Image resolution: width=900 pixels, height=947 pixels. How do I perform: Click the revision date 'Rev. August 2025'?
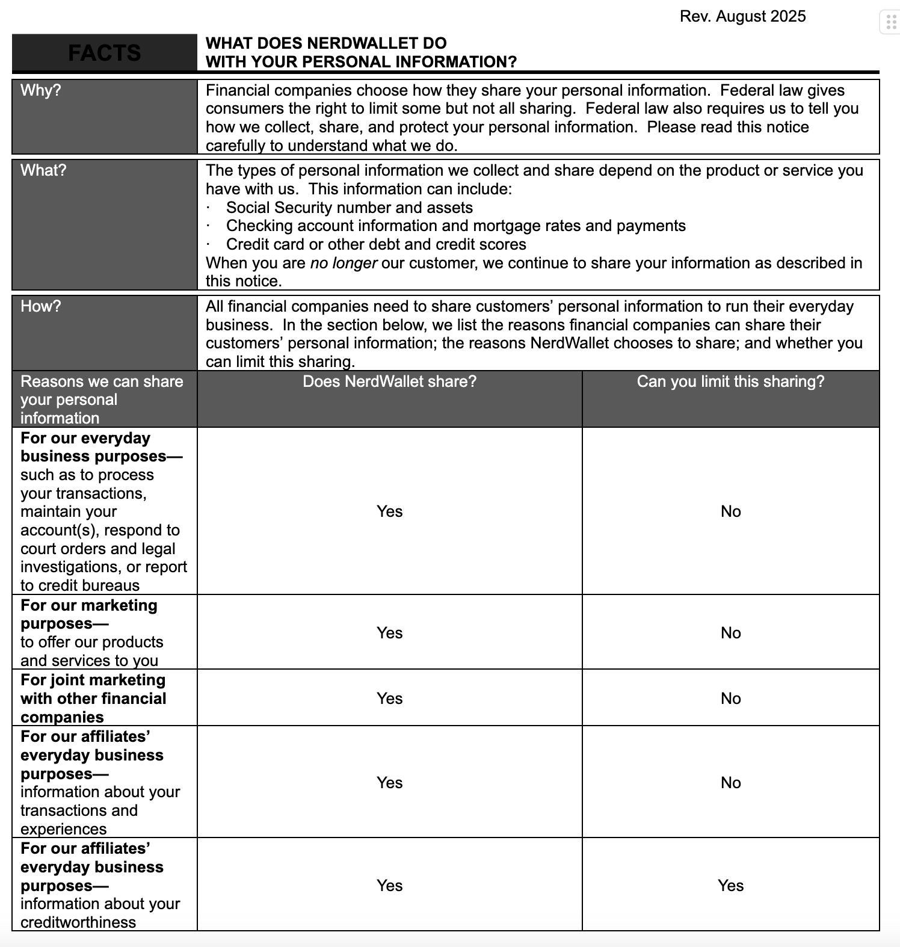742,16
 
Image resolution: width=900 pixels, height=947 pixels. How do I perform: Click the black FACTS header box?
104,53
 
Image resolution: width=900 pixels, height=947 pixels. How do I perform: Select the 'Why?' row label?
40,90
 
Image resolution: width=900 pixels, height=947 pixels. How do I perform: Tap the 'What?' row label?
43,170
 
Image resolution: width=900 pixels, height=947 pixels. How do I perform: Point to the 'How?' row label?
40,306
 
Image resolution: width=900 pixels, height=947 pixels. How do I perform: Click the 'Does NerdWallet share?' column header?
389,381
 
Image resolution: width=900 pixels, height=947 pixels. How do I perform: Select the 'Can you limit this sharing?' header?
730,381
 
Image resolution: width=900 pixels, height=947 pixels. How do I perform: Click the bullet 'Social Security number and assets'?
349,208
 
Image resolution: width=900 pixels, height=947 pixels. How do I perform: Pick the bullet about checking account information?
455,226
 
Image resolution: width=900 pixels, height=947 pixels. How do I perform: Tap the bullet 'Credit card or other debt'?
376,244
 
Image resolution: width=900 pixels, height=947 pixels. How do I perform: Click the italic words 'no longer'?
344,263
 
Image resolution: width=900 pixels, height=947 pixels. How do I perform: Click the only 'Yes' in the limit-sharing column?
730,886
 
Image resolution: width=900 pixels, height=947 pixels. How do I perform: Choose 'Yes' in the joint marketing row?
389,699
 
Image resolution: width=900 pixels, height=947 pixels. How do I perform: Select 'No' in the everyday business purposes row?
730,511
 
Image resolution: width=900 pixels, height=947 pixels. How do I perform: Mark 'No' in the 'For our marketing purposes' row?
730,633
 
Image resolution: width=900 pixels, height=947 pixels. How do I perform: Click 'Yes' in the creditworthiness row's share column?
389,886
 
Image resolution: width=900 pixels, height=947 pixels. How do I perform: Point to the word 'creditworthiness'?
78,922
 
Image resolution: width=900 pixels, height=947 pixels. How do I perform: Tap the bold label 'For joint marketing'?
93,680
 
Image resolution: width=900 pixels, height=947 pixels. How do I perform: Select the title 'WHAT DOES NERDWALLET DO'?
326,43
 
